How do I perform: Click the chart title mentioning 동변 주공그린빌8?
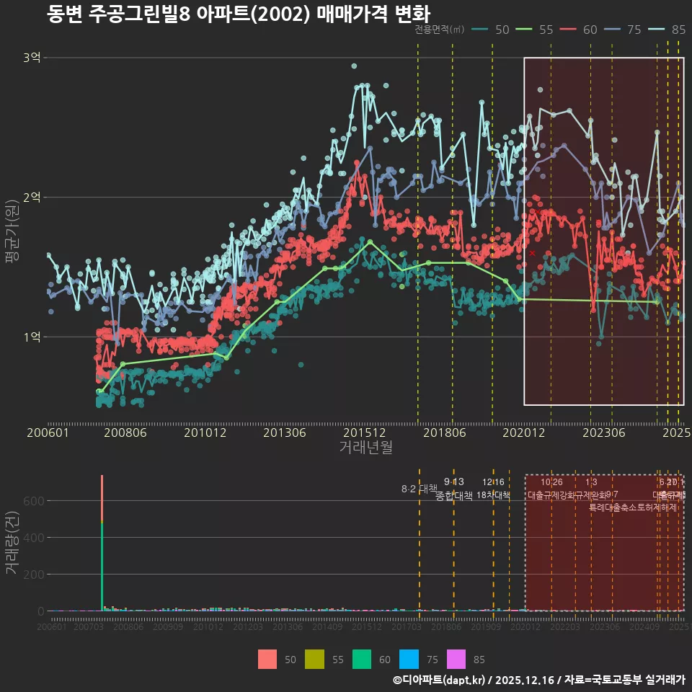[x=238, y=14]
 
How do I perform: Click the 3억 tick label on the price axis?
[x=32, y=58]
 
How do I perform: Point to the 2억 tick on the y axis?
[x=32, y=197]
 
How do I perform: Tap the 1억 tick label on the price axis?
[x=32, y=337]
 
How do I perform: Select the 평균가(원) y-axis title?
[x=12, y=231]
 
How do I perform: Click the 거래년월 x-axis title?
[x=365, y=448]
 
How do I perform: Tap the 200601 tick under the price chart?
[x=48, y=432]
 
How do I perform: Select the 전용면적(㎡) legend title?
[x=439, y=30]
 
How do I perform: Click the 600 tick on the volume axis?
[x=34, y=500]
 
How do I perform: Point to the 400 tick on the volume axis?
[x=34, y=537]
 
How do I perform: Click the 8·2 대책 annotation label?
[x=419, y=489]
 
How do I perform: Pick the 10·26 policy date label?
[x=551, y=482]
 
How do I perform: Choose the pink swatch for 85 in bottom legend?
[x=456, y=659]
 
